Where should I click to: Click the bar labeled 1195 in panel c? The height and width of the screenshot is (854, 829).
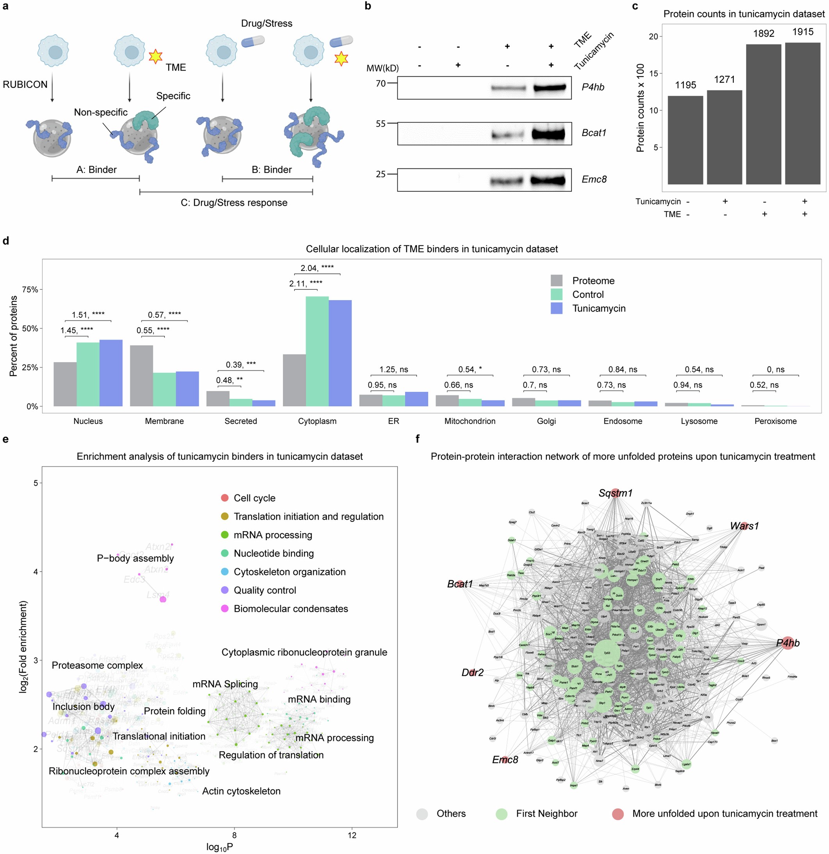pyautogui.click(x=685, y=139)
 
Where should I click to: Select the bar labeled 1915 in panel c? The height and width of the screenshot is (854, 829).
pyautogui.click(x=802, y=113)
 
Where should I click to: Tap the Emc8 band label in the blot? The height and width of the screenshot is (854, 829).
pyautogui.click(x=594, y=179)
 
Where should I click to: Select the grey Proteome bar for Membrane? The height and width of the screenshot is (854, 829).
pyautogui.click(x=141, y=375)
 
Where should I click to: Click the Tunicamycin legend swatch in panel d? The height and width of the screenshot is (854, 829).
pyautogui.click(x=556, y=308)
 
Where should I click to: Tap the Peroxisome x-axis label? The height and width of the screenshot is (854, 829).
pyautogui.click(x=775, y=421)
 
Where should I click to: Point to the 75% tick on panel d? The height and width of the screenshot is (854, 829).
pyautogui.click(x=30, y=290)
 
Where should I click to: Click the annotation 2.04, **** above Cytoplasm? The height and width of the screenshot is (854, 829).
pyautogui.click(x=317, y=268)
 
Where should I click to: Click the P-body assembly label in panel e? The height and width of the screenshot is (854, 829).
pyautogui.click(x=135, y=558)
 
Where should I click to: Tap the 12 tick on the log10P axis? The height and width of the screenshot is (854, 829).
pyautogui.click(x=352, y=835)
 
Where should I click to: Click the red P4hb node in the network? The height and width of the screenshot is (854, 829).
pyautogui.click(x=787, y=643)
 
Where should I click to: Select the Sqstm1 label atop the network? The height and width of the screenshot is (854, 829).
pyautogui.click(x=615, y=493)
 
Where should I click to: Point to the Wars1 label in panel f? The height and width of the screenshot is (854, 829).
pyautogui.click(x=744, y=526)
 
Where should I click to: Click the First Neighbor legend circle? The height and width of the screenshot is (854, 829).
pyautogui.click(x=502, y=814)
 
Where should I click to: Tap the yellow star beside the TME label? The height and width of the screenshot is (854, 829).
pyautogui.click(x=155, y=56)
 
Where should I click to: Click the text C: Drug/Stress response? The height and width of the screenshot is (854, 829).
pyautogui.click(x=234, y=203)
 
